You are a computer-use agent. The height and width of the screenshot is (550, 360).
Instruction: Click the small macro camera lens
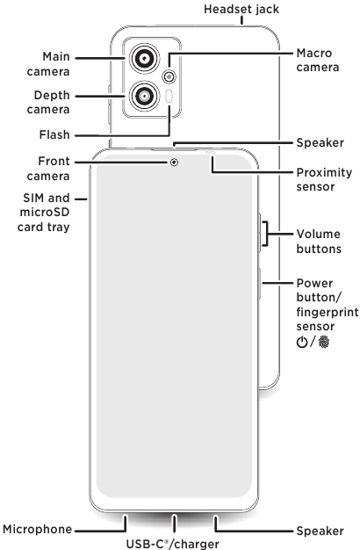169,75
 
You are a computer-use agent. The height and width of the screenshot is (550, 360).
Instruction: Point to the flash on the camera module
169,97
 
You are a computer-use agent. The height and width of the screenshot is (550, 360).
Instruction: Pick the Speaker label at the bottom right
320,530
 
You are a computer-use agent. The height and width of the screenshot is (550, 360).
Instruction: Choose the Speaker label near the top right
320,141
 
